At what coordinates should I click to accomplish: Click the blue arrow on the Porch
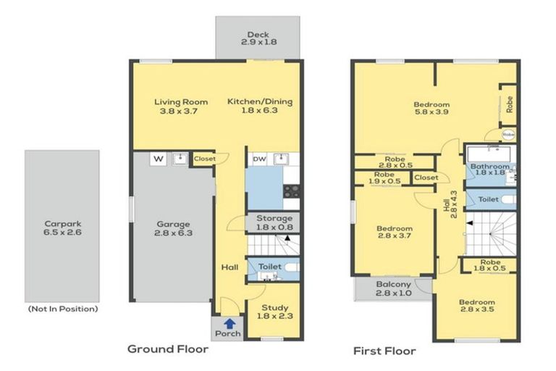tap(229, 324)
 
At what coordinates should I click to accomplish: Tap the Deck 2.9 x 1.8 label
tap(257, 38)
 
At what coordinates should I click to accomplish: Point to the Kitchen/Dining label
tap(260, 107)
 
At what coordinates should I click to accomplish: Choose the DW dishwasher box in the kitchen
tap(258, 159)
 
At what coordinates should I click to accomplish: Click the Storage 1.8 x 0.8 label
tap(274, 222)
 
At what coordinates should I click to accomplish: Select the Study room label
tap(274, 312)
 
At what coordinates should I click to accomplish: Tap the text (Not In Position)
tap(62, 309)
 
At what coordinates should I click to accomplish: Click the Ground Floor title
tap(168, 349)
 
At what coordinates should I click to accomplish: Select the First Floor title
tap(384, 351)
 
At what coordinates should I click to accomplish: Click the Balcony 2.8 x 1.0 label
tap(395, 288)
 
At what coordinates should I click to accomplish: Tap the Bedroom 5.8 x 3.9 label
tap(432, 109)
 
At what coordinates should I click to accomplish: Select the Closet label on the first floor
tap(426, 178)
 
